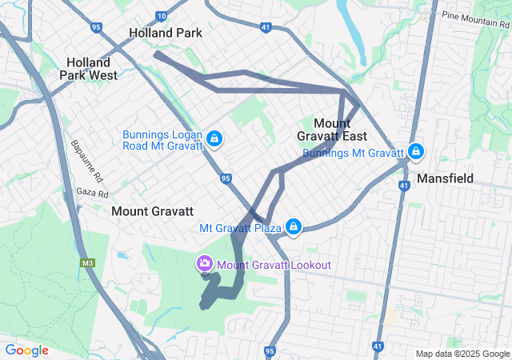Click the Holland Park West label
coord(92,68)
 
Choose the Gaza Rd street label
coord(92,194)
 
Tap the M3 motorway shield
coord(86,262)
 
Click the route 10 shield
coord(162,16)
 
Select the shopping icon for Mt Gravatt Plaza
coord(294,228)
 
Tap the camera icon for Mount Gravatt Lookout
coord(205,264)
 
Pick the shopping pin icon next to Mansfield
coord(415,151)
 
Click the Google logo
coord(26,350)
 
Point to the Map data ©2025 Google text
coord(462,354)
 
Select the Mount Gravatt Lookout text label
coord(274,265)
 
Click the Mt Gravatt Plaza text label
coord(241,229)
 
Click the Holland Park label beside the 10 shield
coord(166,34)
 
